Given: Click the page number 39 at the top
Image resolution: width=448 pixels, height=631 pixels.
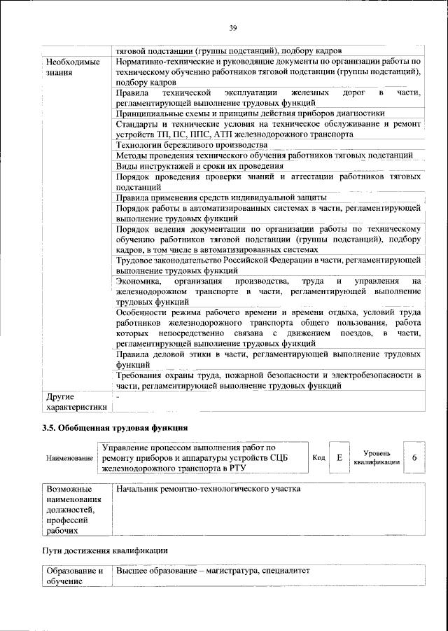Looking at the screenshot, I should [x=233, y=28].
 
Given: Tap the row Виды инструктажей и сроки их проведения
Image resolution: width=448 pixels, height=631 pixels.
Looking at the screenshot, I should [x=199, y=166].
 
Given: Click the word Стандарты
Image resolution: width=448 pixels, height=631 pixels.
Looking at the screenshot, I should [x=139, y=123].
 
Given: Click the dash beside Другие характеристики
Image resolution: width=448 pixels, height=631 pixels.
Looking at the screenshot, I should [x=118, y=396].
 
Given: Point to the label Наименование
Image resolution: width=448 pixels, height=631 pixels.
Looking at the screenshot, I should [x=69, y=458].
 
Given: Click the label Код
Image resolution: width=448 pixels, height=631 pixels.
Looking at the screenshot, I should [x=318, y=458].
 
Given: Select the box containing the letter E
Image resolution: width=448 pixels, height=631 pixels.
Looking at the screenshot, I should [x=339, y=457].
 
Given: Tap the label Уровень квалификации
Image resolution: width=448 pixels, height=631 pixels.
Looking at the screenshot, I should [x=377, y=457].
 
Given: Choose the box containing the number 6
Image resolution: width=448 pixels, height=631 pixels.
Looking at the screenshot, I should [x=414, y=457].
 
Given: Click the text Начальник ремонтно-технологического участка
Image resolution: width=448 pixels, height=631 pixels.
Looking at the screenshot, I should [x=209, y=488].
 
